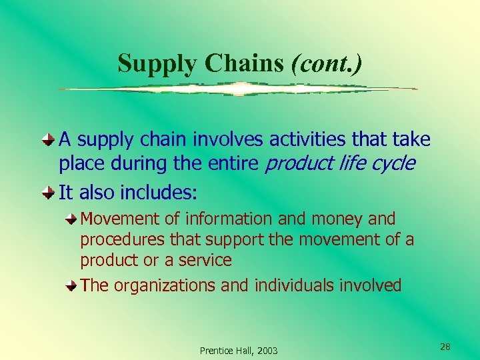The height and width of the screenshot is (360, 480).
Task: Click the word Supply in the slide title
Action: (x=159, y=64)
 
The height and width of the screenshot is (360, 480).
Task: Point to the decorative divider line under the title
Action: (x=238, y=89)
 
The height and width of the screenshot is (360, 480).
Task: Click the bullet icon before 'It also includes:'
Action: (x=49, y=193)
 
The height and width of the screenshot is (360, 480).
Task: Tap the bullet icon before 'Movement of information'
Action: (x=71, y=219)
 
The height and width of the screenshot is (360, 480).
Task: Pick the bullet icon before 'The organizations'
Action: (x=71, y=286)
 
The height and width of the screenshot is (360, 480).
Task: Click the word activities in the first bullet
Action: (x=296, y=139)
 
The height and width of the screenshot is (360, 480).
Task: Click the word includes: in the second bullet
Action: (x=159, y=193)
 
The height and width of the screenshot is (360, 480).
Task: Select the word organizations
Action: (x=165, y=286)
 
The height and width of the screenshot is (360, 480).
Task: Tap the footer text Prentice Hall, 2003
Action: (x=239, y=351)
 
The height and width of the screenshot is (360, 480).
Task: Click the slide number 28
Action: (x=445, y=347)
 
